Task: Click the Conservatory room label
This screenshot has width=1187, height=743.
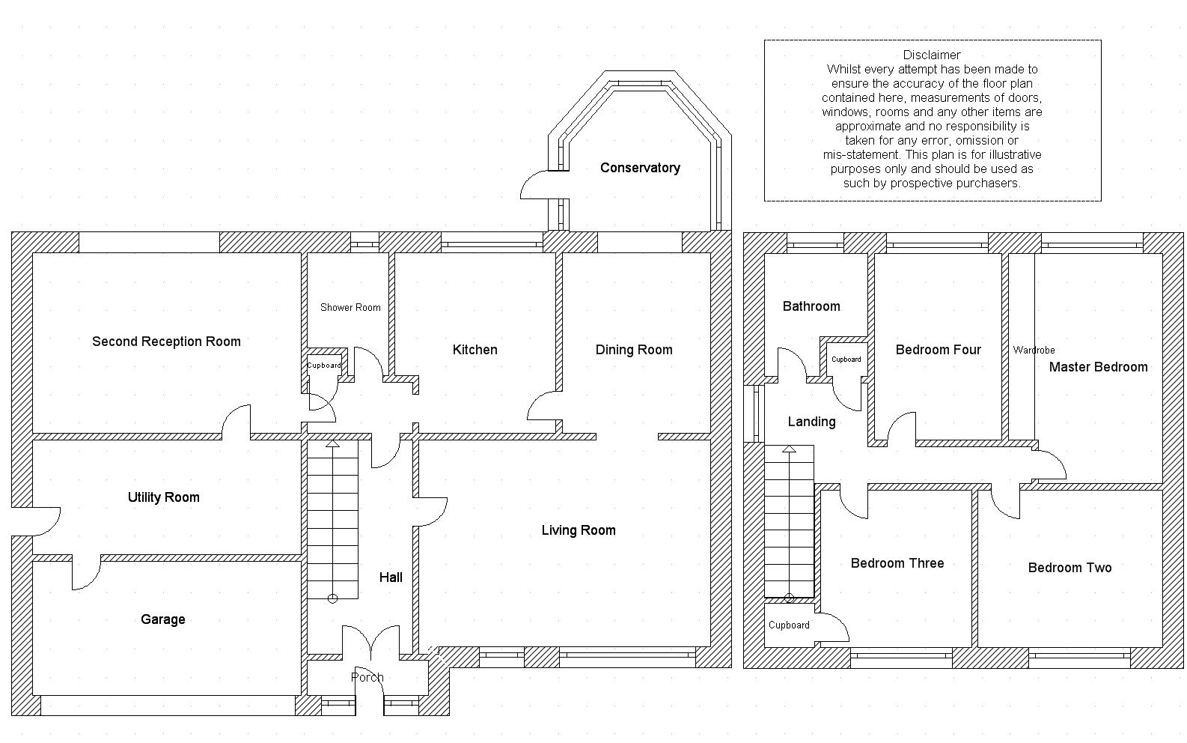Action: [640, 168]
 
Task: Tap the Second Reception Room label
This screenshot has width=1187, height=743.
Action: [166, 342]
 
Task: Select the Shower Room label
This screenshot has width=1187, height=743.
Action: [350, 308]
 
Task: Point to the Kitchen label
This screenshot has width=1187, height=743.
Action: [475, 350]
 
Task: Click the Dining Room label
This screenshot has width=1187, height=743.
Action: [634, 350]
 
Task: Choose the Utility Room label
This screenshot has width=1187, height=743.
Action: [164, 497]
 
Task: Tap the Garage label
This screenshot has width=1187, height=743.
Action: [162, 619]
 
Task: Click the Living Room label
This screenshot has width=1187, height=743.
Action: [579, 530]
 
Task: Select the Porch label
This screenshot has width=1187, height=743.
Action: [367, 677]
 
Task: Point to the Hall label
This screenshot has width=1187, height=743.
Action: [391, 577]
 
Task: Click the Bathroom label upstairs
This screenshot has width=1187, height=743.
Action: [811, 306]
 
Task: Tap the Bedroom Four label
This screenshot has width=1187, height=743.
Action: [939, 350]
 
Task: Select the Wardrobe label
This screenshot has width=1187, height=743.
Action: [1034, 350]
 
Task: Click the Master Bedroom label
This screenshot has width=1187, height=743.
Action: [1099, 367]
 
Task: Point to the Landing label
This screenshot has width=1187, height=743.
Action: [812, 422]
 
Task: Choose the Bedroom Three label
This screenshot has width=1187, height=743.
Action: [897, 563]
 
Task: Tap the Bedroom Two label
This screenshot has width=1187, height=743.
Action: [1070, 568]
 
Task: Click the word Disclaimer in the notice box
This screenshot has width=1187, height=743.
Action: [932, 55]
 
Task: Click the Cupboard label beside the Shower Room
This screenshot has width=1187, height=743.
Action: [324, 366]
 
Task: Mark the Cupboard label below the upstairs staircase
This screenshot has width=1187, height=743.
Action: [789, 625]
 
